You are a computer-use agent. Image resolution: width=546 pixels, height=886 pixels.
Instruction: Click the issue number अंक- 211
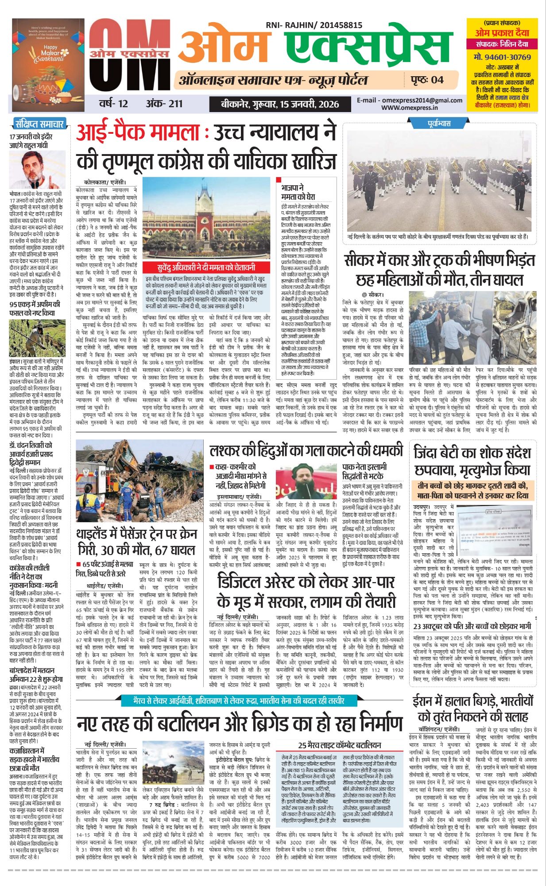(x=164, y=104)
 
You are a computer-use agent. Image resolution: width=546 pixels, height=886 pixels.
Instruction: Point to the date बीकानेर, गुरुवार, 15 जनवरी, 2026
(x=280, y=104)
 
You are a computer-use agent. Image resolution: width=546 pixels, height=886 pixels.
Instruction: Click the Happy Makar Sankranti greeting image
(x=48, y=56)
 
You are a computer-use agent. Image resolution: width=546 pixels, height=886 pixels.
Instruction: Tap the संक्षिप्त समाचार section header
(x=39, y=124)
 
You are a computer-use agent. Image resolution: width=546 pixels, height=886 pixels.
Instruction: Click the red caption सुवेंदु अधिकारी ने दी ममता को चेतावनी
(x=206, y=268)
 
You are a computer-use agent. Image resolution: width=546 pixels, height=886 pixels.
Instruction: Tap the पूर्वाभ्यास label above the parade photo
(x=439, y=123)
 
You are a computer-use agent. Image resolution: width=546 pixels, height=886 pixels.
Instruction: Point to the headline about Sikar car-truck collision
(x=440, y=270)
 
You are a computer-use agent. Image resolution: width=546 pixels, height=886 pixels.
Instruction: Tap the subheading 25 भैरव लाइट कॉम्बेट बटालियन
(x=339, y=745)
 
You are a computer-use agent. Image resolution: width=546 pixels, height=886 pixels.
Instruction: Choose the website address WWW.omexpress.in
(x=409, y=107)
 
